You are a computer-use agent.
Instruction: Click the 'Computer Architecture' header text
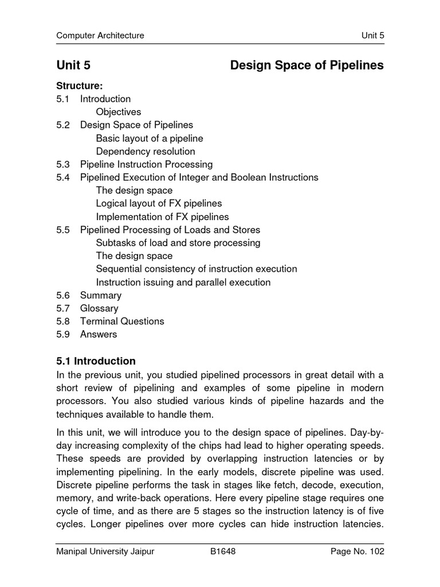click(x=100, y=36)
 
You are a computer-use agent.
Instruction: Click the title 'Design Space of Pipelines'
click(x=307, y=66)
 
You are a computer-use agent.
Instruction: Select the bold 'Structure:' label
click(x=79, y=86)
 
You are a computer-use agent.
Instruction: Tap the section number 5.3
click(x=63, y=165)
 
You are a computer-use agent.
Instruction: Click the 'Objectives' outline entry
click(x=119, y=112)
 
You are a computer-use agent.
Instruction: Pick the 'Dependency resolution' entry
click(x=146, y=151)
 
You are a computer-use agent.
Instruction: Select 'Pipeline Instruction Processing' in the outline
click(x=146, y=165)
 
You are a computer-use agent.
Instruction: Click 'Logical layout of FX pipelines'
click(x=159, y=204)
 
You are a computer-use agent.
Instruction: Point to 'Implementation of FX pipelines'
click(x=162, y=217)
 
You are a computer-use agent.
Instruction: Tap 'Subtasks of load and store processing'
click(x=178, y=242)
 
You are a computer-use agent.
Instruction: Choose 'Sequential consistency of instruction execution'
click(x=197, y=269)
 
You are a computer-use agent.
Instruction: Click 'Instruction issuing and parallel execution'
click(x=183, y=282)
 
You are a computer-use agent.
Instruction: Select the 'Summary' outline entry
click(x=101, y=295)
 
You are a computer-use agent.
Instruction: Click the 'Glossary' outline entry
click(x=99, y=308)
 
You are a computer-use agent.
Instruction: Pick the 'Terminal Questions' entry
click(x=122, y=321)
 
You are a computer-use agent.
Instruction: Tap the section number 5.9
click(x=63, y=334)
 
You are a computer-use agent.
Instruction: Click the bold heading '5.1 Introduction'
click(x=96, y=361)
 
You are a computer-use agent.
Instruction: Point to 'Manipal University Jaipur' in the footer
click(x=105, y=552)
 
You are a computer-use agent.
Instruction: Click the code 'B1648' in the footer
click(x=223, y=552)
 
